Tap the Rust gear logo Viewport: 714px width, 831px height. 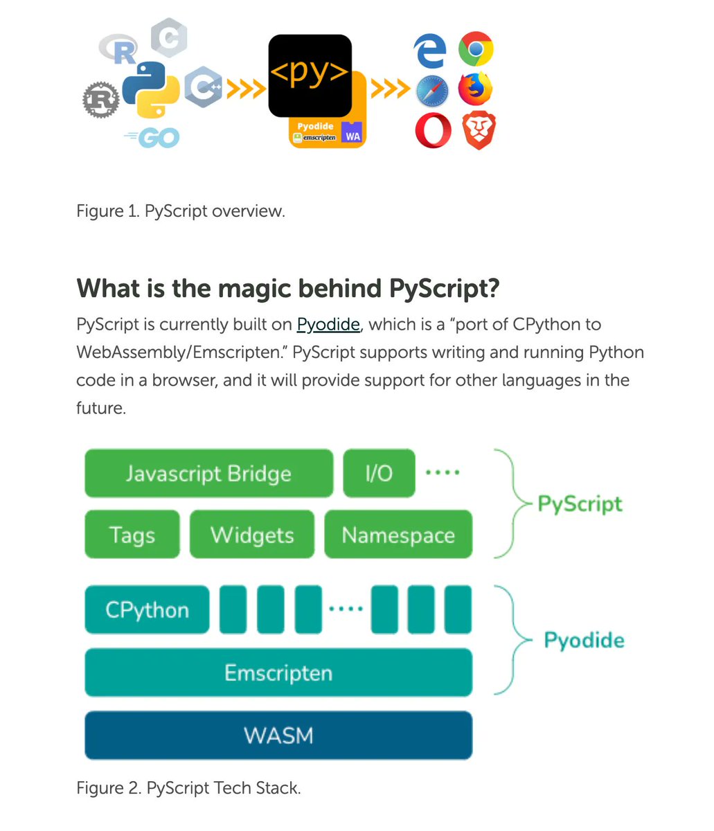(100, 99)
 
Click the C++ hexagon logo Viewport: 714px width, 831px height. (203, 87)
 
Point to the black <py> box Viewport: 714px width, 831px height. (310, 75)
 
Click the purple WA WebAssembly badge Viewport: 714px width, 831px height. (352, 135)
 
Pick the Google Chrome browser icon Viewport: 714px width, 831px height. (476, 49)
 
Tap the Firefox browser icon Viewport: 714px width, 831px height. (475, 89)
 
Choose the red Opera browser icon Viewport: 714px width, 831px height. (433, 131)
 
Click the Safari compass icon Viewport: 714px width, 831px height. (433, 91)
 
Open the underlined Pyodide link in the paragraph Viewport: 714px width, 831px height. (328, 324)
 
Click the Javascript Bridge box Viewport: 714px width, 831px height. (208, 474)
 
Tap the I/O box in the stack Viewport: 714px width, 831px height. (379, 474)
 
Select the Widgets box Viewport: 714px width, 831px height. (252, 535)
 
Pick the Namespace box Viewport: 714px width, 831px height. (398, 535)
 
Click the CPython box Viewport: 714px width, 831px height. (147, 610)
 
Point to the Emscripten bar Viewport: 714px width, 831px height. (278, 672)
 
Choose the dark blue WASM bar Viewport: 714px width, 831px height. (278, 735)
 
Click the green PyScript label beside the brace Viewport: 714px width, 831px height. (580, 503)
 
